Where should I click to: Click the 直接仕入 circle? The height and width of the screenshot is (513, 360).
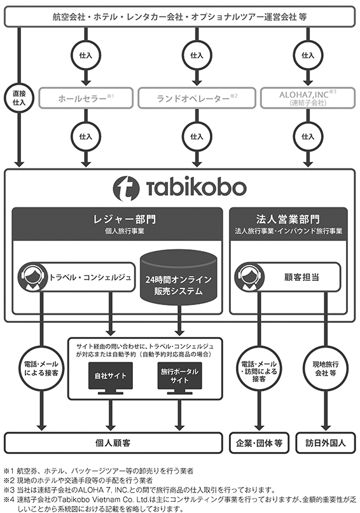coord(19,98)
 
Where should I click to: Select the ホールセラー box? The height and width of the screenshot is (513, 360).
coord(86,98)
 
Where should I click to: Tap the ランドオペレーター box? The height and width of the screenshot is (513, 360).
coord(197,98)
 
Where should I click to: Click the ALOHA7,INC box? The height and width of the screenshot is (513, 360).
coord(308,98)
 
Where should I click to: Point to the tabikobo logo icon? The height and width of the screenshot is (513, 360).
coord(127,188)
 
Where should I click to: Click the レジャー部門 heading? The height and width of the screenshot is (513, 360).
coord(125,219)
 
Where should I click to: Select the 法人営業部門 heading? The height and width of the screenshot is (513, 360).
coord(288,219)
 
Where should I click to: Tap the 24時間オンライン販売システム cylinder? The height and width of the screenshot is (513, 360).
coord(179,277)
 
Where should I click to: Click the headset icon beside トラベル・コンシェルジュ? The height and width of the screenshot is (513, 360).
coord(32,277)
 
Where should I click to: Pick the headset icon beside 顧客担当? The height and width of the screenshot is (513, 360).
coord(249,277)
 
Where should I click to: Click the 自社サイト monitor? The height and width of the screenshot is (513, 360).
coord(111,378)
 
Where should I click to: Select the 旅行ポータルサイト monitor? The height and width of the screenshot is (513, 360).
coord(179,378)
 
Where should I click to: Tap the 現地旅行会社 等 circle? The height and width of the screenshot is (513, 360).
coord(325,369)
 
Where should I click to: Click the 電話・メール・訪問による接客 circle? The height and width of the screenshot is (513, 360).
coord(259,369)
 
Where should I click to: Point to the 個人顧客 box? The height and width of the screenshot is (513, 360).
coord(113,443)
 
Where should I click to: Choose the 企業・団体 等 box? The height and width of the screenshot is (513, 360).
coord(259,443)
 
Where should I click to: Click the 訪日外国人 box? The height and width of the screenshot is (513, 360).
coord(325,443)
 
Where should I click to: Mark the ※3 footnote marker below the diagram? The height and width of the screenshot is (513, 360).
coord(9,490)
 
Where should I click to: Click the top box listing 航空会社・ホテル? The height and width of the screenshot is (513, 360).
coord(179,17)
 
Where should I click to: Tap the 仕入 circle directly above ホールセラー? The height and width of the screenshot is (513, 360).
coord(86,55)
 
